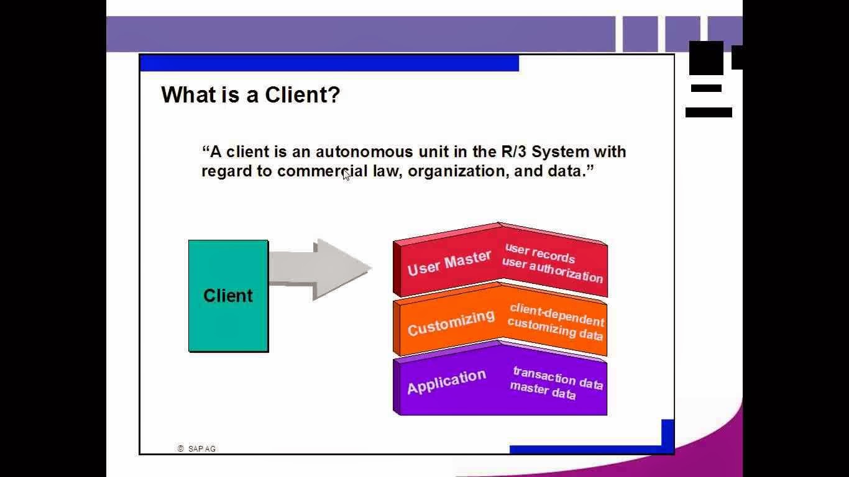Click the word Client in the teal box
228,296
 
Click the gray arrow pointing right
320,269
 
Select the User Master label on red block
449,263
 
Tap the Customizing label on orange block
451,322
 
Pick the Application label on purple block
446,382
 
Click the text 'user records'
539,253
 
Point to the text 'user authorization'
552,270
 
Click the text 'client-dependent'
556,314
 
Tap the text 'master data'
542,391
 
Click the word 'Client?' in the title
302,95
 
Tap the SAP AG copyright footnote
197,448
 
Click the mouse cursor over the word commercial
346,176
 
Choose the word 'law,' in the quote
388,171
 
